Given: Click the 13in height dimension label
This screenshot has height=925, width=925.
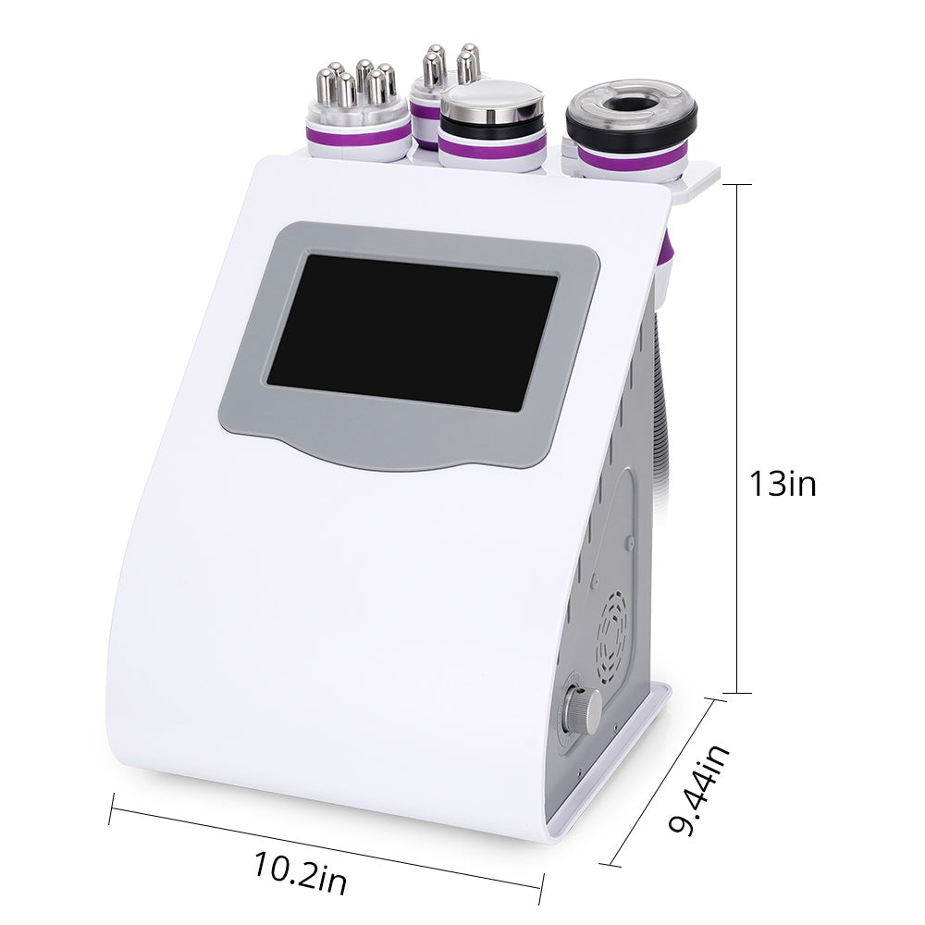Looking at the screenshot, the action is pos(783,484).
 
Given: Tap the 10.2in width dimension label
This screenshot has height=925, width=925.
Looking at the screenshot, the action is pos(301,871).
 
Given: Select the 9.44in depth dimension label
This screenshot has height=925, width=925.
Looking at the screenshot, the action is pos(699,790).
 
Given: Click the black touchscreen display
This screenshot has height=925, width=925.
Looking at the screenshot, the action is pos(413,332).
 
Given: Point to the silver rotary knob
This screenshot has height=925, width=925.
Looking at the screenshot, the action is pos(582,710).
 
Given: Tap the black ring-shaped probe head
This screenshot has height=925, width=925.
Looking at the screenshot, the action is pos(631,114).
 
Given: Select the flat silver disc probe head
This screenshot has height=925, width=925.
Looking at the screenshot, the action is pos(492,100).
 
